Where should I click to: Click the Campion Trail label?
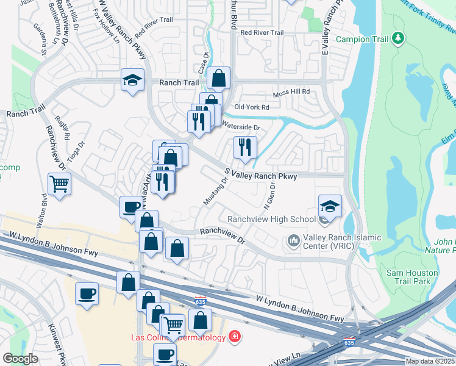pos(362,40)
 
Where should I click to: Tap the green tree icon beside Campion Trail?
pos(398,39)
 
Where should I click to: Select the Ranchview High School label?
pos(271,219)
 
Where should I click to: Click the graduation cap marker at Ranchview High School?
pos(330,206)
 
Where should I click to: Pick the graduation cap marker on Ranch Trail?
pos(132,79)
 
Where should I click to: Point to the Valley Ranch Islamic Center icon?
pos(294,242)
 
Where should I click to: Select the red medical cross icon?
pos(234,337)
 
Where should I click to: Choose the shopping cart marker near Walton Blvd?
pos(59,184)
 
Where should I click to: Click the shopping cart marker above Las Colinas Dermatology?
pos(173,325)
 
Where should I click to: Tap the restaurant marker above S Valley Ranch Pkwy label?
pos(245,147)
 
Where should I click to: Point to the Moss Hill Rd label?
pos(291,92)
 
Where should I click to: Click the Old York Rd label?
pos(252,107)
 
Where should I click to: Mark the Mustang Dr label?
pos(217,190)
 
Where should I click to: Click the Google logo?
pos(20,358)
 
